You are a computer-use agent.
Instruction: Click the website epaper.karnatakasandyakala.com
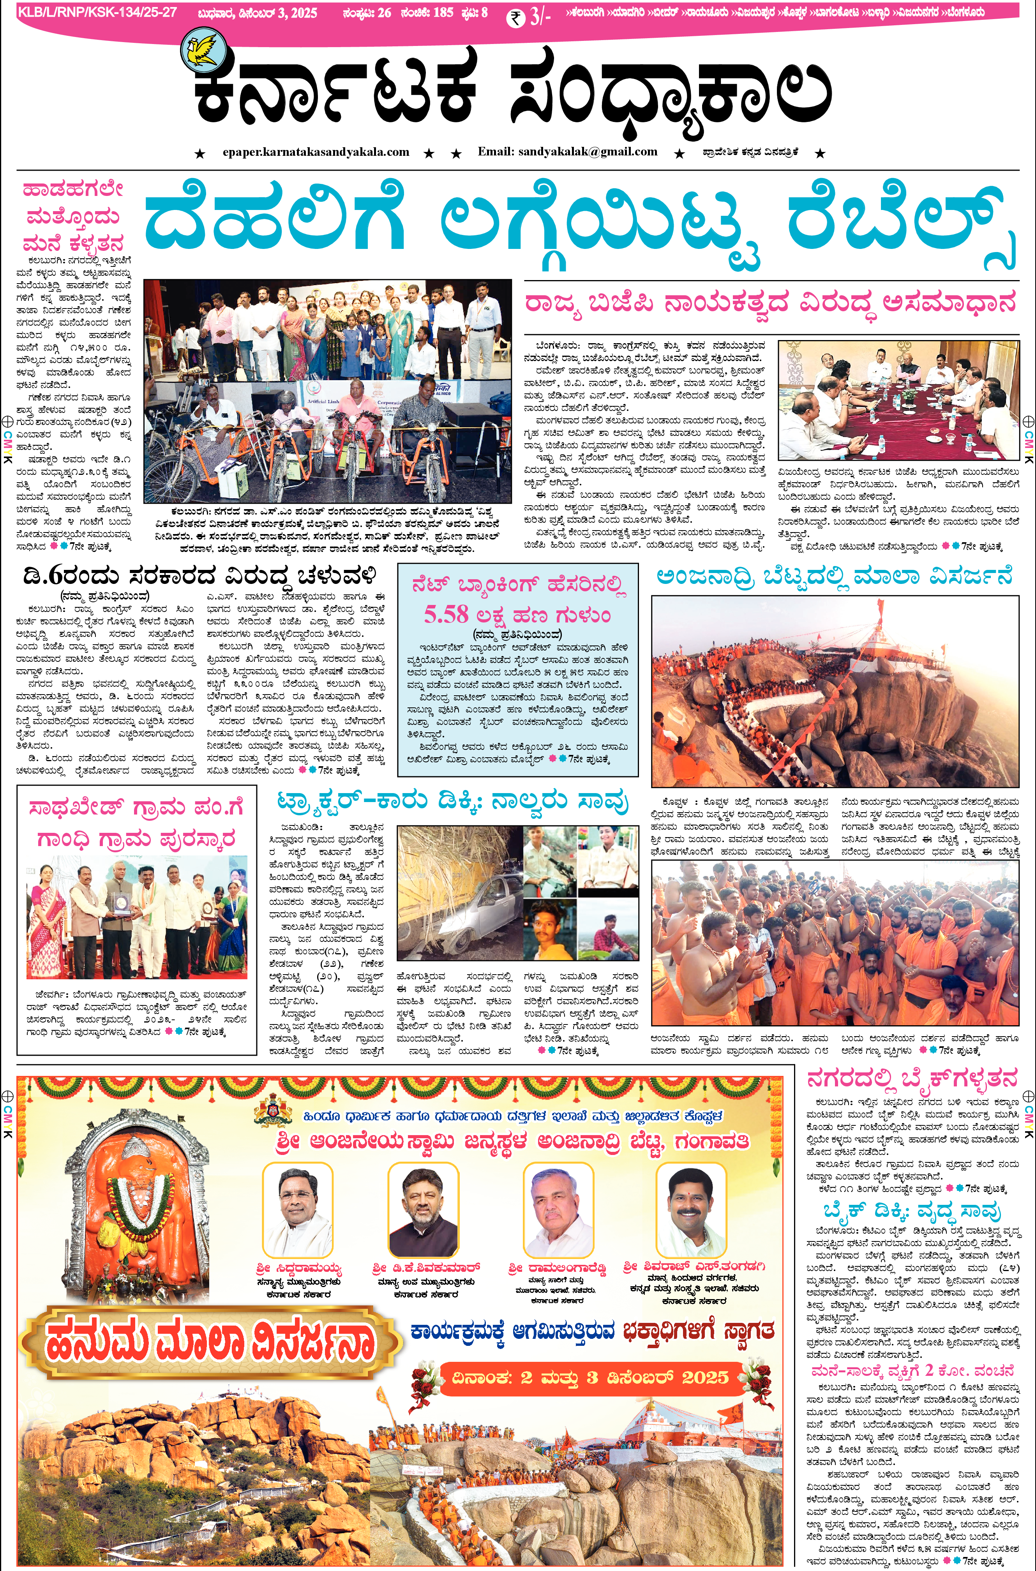(316, 152)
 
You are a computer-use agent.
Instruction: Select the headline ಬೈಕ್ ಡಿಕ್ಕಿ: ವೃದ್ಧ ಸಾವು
(912, 1211)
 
